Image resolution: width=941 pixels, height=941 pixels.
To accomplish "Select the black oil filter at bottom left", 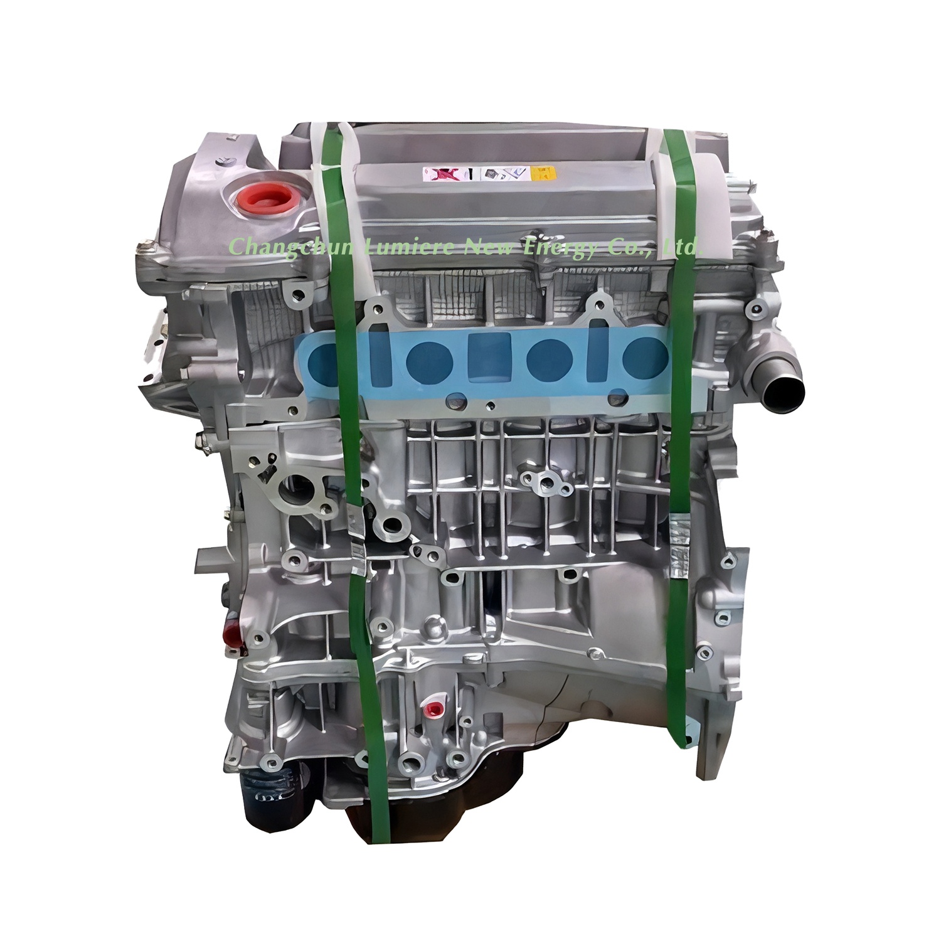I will pyautogui.click(x=263, y=793).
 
